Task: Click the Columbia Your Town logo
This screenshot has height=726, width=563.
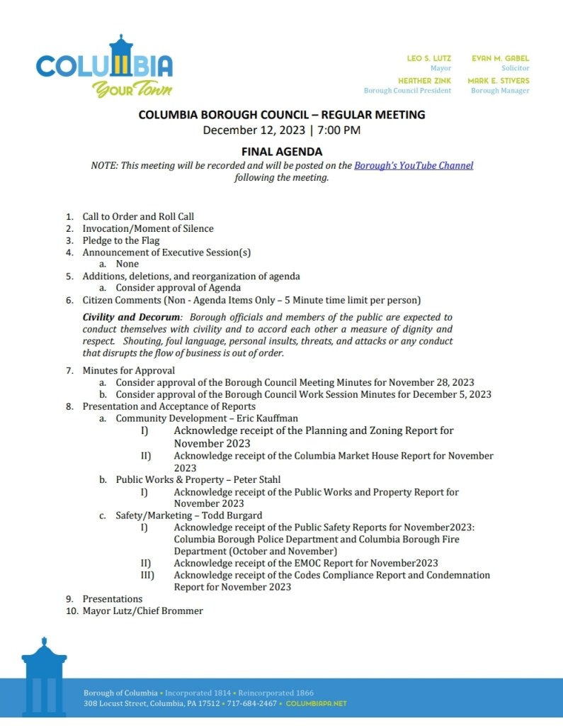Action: point(104,67)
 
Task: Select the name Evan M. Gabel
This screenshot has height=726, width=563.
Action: point(500,58)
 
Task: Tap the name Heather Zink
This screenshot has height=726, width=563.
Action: point(424,81)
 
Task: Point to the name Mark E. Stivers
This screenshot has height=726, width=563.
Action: point(498,81)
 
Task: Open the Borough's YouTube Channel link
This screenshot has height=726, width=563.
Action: point(414,166)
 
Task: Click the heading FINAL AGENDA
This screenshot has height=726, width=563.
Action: point(282,152)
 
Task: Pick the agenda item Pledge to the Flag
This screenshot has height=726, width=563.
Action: point(121,240)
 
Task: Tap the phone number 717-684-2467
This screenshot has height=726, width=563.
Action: point(251,704)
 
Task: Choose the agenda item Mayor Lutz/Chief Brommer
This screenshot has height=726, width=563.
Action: point(142,610)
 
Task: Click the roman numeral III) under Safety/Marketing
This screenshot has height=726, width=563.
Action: point(147,575)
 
